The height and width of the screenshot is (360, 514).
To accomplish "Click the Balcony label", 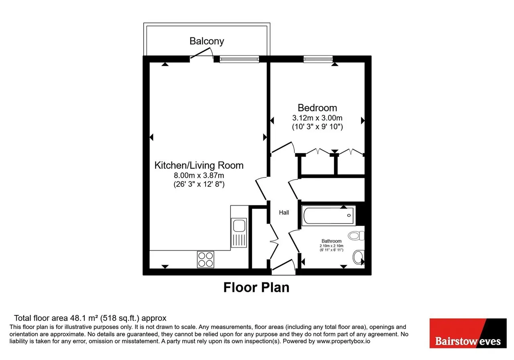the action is [207, 41].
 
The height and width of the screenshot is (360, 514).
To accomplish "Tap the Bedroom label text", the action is [317, 108].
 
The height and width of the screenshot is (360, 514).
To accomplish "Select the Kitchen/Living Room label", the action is [199, 165].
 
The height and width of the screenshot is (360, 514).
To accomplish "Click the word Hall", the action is [284, 213].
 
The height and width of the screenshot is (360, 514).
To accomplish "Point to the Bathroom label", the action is [331, 241].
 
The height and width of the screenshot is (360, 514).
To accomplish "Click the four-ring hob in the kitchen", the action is [205, 260].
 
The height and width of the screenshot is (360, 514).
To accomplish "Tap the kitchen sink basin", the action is [239, 226].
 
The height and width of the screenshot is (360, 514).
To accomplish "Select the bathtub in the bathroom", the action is [328, 216].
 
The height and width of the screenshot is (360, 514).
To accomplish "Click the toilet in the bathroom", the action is [356, 235].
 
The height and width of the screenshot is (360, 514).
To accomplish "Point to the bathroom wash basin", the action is [359, 257].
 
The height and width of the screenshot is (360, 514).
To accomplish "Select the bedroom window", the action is [318, 59].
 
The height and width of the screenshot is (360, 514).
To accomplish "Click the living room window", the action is [239, 59].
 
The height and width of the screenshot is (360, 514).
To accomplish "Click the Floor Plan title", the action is [256, 287].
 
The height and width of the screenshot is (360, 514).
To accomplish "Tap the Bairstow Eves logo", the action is [468, 333].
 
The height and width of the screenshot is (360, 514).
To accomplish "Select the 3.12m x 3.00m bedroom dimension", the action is [317, 118].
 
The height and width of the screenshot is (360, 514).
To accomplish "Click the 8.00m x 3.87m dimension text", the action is [199, 176].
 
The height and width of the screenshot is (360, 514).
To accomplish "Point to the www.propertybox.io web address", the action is [343, 341].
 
